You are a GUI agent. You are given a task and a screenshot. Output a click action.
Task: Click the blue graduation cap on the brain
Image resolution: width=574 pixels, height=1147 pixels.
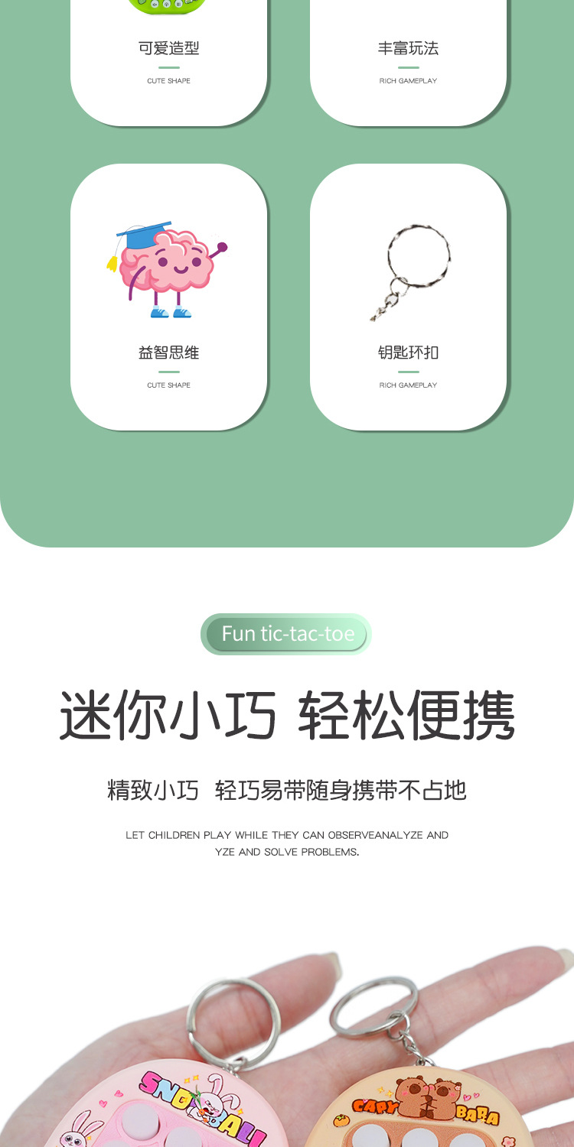(145, 234)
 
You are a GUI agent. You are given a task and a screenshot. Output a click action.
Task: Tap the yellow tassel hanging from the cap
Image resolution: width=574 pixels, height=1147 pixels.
(113, 263)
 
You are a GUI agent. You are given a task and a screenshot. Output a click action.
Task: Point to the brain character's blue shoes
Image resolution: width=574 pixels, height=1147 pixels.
(170, 312)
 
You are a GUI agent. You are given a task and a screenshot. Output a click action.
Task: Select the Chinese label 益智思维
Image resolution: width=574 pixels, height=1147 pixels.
(168, 353)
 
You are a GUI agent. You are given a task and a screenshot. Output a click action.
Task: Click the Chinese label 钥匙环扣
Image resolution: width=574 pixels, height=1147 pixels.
(408, 353)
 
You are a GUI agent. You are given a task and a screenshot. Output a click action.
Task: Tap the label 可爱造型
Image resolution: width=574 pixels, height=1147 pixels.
(168, 48)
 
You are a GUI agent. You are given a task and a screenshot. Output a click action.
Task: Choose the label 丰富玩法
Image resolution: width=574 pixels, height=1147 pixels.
(408, 48)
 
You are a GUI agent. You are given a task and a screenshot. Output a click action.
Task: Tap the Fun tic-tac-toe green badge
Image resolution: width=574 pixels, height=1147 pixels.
(287, 634)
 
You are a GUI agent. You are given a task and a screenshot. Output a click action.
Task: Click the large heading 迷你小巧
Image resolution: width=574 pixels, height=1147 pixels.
(168, 715)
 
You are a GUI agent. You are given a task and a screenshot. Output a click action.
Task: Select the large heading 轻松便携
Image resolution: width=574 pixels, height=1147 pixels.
(406, 715)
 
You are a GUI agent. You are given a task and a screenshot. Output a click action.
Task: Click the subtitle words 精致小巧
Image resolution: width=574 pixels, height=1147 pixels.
(153, 790)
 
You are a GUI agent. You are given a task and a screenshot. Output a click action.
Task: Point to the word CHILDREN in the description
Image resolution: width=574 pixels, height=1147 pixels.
(174, 835)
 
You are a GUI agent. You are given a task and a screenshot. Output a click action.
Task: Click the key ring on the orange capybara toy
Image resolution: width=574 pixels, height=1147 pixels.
(374, 1009)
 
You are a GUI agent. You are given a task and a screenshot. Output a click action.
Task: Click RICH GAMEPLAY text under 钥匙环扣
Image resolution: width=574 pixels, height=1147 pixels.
(408, 385)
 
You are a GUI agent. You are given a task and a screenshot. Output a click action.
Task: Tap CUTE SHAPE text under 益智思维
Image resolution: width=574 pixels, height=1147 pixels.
(168, 385)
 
